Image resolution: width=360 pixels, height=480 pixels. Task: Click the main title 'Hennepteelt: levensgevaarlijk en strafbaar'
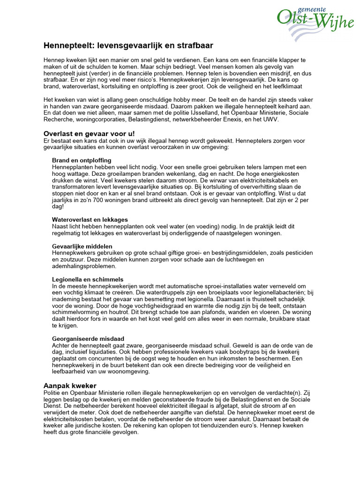click(x=128, y=45)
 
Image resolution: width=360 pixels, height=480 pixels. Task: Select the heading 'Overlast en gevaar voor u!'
click(x=89, y=134)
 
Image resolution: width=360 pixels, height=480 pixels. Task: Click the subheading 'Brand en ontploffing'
click(x=82, y=160)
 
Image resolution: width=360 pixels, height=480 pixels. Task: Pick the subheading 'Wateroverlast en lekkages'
click(x=90, y=219)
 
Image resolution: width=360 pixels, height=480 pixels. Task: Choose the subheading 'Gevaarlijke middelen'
click(x=82, y=246)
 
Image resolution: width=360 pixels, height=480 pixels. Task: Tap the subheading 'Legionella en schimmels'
click(x=88, y=279)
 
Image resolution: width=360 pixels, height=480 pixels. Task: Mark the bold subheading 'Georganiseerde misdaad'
click(x=88, y=338)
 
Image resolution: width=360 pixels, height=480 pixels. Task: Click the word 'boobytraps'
click(x=246, y=352)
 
